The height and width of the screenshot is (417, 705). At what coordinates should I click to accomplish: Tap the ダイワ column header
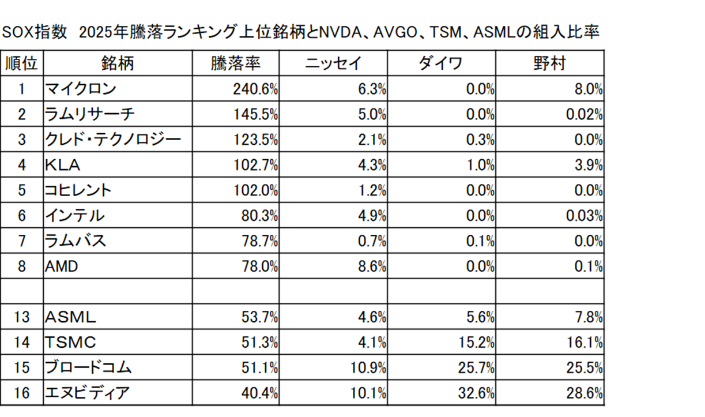tap(440, 63)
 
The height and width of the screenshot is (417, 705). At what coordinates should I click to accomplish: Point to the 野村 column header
tap(549, 63)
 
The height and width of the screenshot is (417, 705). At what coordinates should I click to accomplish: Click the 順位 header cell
tap(22, 63)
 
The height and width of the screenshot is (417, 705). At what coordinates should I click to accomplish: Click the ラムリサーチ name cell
tap(90, 114)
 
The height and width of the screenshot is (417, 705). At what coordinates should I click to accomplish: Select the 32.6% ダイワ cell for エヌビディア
tap(476, 393)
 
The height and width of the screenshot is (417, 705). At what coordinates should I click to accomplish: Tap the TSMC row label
tap(70, 343)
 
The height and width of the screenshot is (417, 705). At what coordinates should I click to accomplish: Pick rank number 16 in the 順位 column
tap(22, 393)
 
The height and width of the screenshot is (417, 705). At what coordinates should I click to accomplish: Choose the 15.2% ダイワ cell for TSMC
tap(476, 343)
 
